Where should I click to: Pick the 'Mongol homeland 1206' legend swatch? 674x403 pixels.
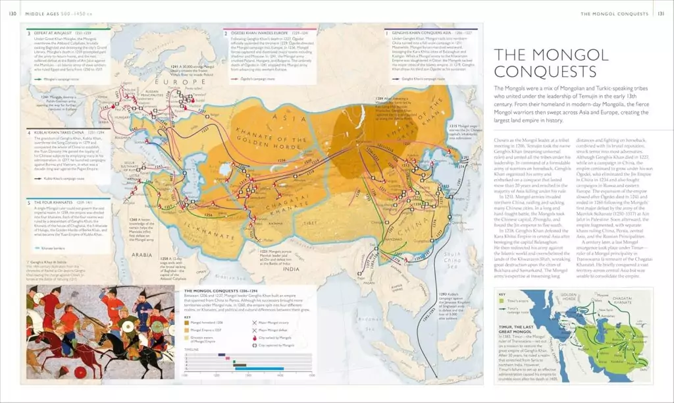(187, 323)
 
